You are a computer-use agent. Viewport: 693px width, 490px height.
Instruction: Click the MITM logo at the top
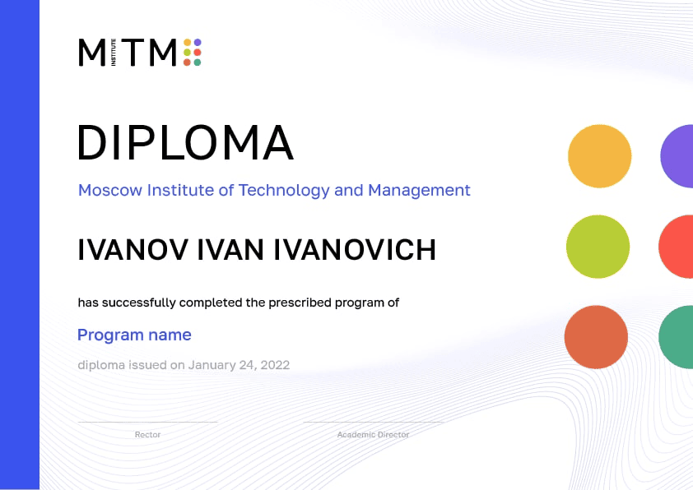(x=139, y=52)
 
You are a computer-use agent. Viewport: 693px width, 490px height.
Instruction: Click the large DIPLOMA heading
(x=185, y=142)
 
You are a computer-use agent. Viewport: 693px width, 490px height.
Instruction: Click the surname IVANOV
(x=133, y=250)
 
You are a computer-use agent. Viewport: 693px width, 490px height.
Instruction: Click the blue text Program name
(x=134, y=335)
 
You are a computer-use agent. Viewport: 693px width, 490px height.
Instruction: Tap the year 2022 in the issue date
(x=274, y=365)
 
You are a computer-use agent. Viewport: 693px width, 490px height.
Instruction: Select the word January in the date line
(x=213, y=365)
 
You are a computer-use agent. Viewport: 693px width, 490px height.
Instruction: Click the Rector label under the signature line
(x=147, y=435)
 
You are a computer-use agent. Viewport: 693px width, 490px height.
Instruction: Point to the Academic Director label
(x=373, y=435)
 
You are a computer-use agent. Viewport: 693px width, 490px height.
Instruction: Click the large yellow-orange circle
(x=599, y=156)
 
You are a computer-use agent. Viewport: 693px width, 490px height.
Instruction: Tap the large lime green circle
(x=598, y=247)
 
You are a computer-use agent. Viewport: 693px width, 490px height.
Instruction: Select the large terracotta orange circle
(x=596, y=337)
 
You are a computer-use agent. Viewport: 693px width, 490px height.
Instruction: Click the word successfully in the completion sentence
(x=141, y=303)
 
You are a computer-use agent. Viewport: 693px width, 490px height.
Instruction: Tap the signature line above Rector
(x=147, y=422)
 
